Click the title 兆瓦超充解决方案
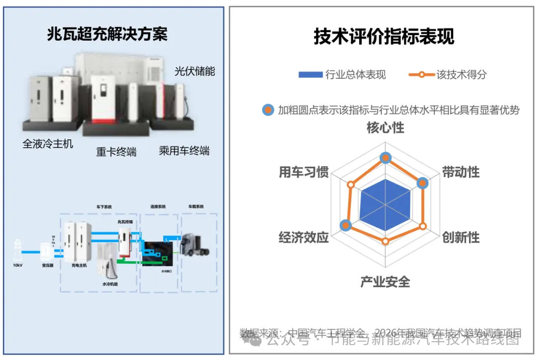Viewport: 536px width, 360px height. click(107, 34)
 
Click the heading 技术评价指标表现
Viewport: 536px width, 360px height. click(384, 37)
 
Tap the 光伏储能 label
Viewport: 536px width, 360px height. click(195, 71)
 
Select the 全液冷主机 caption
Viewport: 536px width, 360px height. click(48, 144)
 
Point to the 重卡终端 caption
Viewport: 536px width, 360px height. click(116, 152)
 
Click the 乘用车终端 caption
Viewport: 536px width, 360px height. click(184, 151)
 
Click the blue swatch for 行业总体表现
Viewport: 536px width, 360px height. click(310, 75)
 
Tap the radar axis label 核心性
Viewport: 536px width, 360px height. click(385, 128)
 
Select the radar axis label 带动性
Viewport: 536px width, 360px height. click(461, 172)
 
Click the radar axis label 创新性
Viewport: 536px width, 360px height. click(461, 238)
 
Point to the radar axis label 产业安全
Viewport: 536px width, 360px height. click(385, 282)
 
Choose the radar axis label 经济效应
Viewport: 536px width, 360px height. click(304, 238)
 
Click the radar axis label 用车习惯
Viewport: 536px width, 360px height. click(304, 172)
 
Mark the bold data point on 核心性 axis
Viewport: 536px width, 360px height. click(385, 158)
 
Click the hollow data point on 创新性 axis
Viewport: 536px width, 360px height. click(423, 226)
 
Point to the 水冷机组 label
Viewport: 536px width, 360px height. click(110, 284)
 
